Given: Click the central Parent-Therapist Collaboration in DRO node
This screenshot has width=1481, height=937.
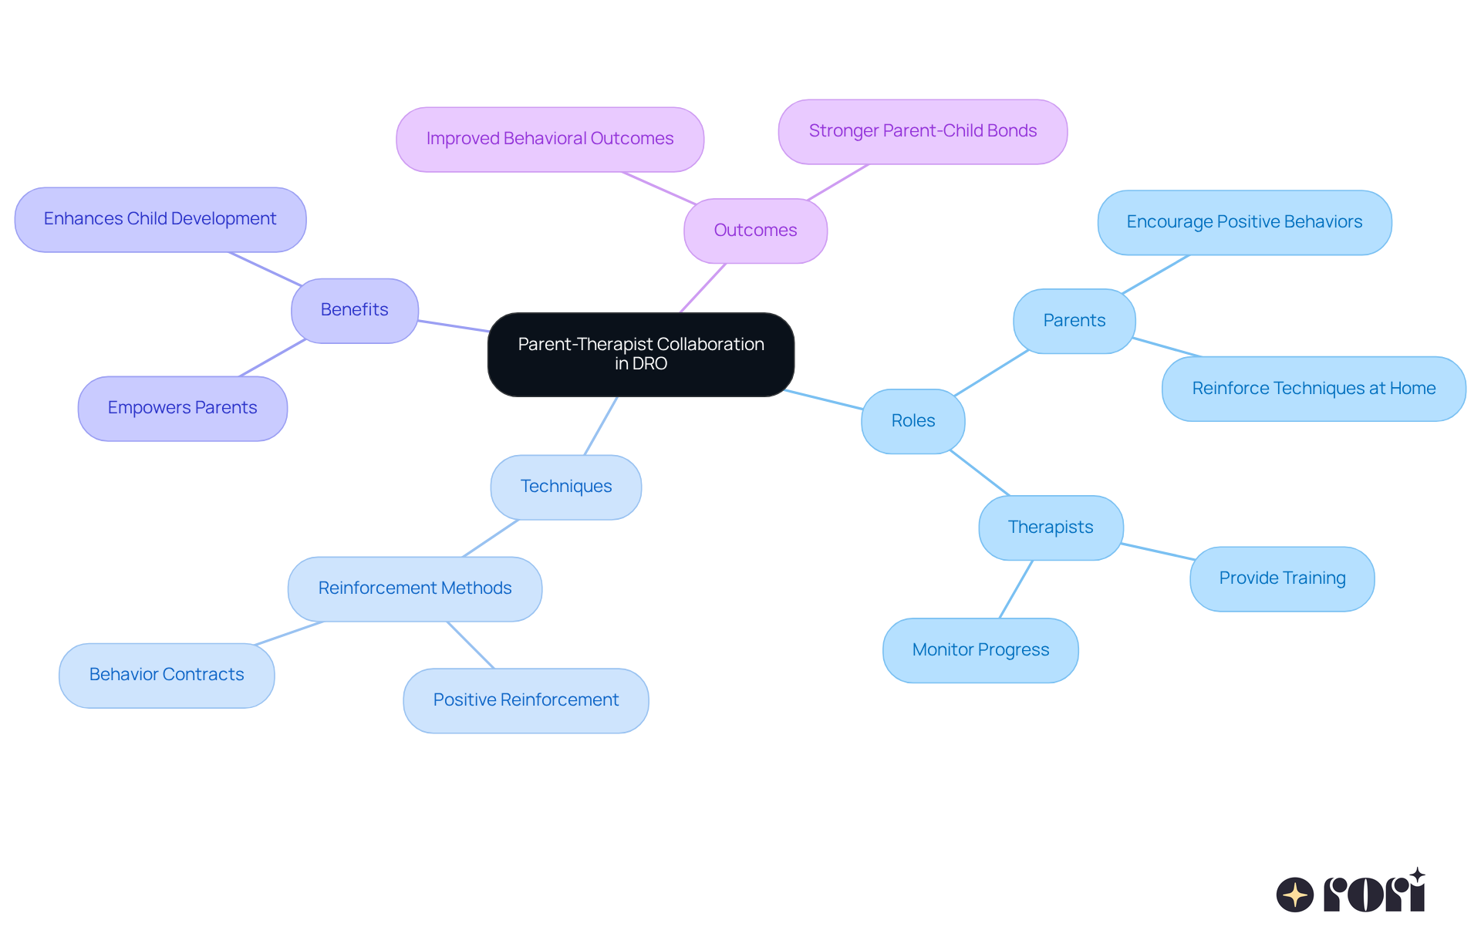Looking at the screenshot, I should click(x=640, y=354).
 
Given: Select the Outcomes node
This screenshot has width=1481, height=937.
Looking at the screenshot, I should click(x=755, y=231).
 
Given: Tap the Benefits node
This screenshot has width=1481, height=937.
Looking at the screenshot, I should click(x=354, y=310).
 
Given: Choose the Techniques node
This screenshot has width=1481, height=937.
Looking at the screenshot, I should click(x=565, y=487).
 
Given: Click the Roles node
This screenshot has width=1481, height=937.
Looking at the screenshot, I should click(x=913, y=421).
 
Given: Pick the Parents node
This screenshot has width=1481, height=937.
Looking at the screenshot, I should click(x=1074, y=321).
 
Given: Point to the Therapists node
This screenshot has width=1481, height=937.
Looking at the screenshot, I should click(x=1050, y=527).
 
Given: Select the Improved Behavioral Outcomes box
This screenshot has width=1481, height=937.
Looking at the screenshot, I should click(x=549, y=139).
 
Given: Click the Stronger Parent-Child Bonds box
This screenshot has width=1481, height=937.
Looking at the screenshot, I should click(x=923, y=131).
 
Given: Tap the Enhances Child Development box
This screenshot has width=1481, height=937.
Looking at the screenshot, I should click(x=160, y=219).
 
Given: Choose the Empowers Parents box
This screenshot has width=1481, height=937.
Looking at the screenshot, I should click(x=182, y=408).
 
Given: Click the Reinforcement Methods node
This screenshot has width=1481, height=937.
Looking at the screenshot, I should click(x=414, y=588).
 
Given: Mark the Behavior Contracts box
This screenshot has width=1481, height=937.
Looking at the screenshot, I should click(x=166, y=675).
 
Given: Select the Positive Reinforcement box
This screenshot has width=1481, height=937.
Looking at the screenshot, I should click(x=525, y=700).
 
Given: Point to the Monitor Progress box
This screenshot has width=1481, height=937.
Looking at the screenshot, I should click(x=980, y=650).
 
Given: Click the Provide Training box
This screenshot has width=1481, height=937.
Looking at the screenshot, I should click(x=1281, y=578).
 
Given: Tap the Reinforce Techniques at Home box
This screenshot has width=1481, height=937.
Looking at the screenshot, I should click(x=1313, y=389).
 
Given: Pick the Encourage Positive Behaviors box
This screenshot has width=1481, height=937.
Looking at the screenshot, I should click(x=1243, y=222).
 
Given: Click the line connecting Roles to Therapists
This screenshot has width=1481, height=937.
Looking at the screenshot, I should click(x=980, y=473).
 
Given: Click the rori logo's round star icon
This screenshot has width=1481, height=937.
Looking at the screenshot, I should click(x=1294, y=895).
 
